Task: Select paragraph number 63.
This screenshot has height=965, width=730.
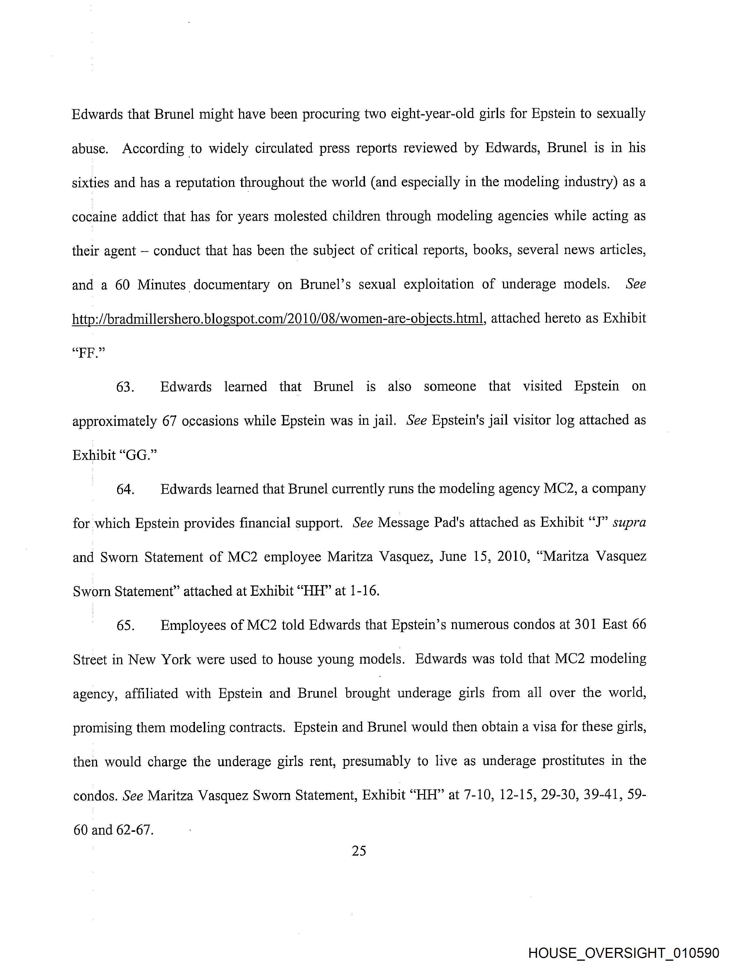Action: coord(125,387)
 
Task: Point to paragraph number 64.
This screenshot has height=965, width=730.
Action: coord(125,489)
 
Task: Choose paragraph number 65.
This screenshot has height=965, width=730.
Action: coord(125,625)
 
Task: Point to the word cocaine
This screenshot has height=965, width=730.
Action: coord(94,216)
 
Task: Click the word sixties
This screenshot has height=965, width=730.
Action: coord(90,182)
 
